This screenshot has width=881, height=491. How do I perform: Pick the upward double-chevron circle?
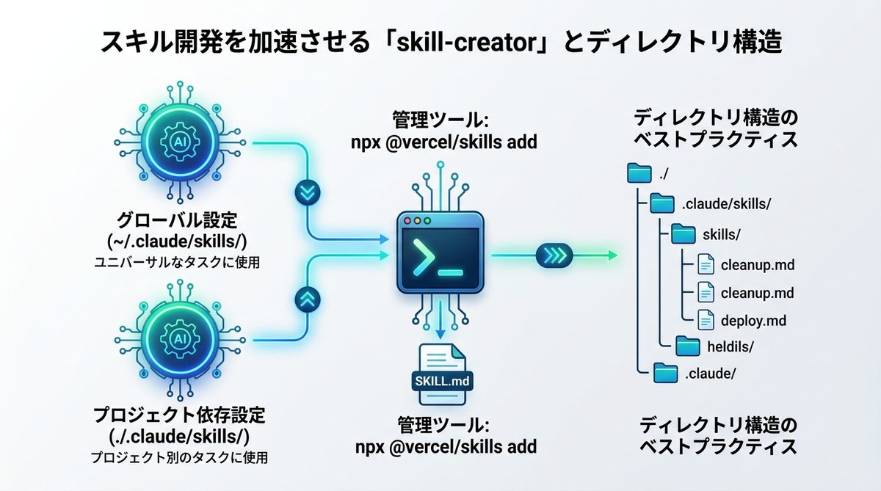tap(306, 299)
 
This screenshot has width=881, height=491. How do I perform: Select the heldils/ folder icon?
tap(687, 345)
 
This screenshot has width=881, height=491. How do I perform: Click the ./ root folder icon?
tap(640, 174)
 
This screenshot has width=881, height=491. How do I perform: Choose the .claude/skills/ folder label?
tap(726, 205)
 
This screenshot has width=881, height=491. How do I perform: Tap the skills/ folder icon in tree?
tap(684, 234)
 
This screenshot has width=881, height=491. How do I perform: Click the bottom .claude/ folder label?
tap(709, 374)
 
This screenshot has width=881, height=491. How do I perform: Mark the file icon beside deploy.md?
tap(706, 321)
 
